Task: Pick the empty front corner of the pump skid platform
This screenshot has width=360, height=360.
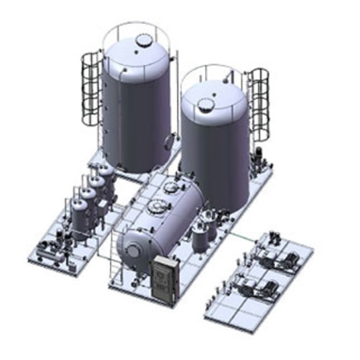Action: (x=219, y=311)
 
